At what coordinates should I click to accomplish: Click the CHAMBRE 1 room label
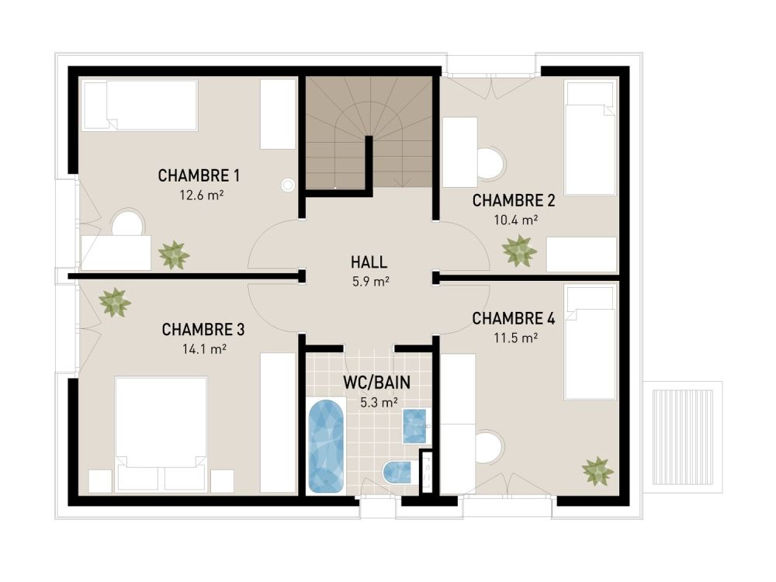[199, 175]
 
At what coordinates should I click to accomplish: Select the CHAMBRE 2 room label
[514, 201]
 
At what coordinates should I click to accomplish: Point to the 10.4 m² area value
[516, 220]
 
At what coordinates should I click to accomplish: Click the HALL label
[369, 262]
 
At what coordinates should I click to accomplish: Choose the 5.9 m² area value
[370, 282]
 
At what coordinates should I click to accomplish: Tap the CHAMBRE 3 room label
[203, 330]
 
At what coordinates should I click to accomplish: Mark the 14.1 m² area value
[204, 349]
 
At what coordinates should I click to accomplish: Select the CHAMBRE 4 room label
[514, 318]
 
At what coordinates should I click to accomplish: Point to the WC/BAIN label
[376, 383]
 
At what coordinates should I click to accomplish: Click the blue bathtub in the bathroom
[327, 445]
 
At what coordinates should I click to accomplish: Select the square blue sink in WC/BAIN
[415, 425]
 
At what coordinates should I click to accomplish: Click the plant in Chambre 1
[174, 255]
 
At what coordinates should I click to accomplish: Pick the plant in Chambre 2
[519, 251]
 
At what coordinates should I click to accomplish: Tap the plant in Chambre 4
[598, 470]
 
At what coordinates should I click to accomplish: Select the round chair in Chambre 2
[490, 164]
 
